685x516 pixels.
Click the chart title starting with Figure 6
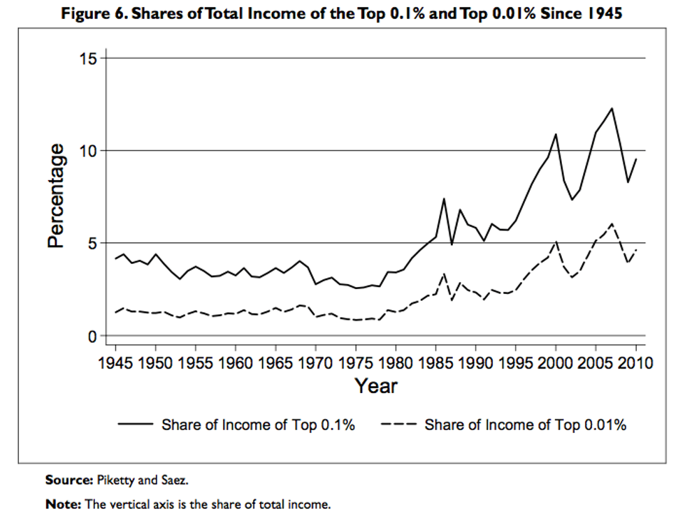[x=342, y=13]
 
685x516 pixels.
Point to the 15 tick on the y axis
[x=89, y=58]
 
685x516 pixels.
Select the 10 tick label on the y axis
[x=89, y=151]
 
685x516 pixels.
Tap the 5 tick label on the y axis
[x=93, y=243]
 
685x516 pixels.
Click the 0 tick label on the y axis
[x=93, y=336]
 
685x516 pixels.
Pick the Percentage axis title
[x=57, y=196]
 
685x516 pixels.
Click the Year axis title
[x=375, y=385]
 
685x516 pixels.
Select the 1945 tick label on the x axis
[x=115, y=363]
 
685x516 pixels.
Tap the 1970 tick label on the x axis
[x=315, y=363]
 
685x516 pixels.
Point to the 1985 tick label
[x=435, y=363]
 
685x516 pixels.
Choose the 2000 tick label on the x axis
[x=556, y=363]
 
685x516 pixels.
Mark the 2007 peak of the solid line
[x=612, y=108]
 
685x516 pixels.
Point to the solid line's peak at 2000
[x=556, y=134]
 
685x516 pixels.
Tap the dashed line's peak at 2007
[x=612, y=223]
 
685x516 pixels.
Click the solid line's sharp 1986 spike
[x=443, y=198]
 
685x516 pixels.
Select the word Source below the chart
[x=68, y=480]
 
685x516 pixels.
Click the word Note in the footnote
[x=62, y=503]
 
